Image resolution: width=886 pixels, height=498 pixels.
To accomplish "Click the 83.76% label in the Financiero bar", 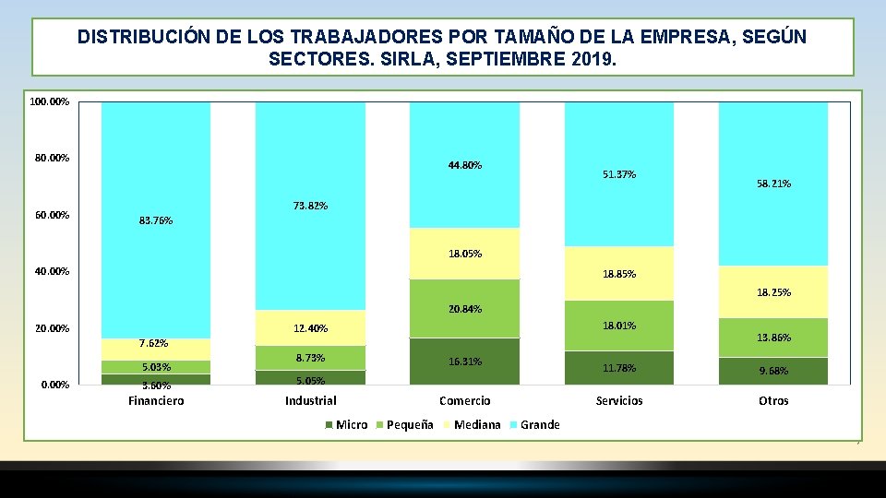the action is point(156,220).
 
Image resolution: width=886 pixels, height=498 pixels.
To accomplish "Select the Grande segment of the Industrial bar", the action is point(310,206).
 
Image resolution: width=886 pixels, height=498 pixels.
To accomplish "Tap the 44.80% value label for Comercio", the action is point(465,165).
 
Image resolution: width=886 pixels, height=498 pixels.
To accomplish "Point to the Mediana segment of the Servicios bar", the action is point(618,273).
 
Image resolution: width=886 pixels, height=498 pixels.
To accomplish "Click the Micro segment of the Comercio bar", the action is point(464,362).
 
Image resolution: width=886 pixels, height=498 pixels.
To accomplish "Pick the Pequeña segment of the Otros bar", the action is point(773,338).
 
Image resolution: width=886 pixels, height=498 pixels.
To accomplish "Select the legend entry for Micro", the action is point(346,424).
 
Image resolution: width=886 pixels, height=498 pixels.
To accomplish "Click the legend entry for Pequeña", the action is point(404,424).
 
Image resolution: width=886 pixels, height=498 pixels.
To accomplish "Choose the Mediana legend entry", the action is point(473,424).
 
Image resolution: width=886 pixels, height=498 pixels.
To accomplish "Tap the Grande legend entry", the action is point(534,424).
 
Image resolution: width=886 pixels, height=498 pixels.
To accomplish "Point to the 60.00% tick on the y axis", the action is point(52,215).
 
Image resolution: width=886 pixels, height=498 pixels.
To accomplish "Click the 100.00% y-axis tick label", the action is point(50,101).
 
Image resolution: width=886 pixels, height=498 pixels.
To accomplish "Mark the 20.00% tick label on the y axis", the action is point(52,328).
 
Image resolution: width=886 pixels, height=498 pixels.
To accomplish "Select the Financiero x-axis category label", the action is point(156,401).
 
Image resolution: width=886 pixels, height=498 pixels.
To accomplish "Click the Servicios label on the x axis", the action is point(619,401).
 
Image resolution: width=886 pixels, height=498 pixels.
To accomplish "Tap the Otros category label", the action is point(773,401).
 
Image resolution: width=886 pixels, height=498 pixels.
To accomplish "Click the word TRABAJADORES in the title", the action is point(366,37).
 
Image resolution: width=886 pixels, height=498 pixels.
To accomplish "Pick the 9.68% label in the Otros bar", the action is point(773,371).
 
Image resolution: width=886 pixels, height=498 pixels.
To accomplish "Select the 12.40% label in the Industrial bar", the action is point(310,328).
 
